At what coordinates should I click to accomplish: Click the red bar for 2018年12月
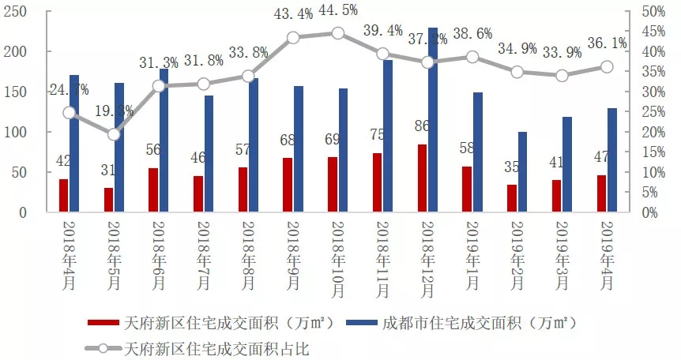pos(423,178)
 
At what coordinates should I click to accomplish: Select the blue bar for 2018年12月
pos(433,120)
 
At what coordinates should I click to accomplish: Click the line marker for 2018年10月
pos(338,33)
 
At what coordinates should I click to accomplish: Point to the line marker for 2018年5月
pos(114,134)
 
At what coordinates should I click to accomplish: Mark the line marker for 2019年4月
pos(607,67)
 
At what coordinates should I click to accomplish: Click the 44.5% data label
pos(338,10)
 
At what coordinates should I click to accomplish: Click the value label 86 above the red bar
pos(422,126)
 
